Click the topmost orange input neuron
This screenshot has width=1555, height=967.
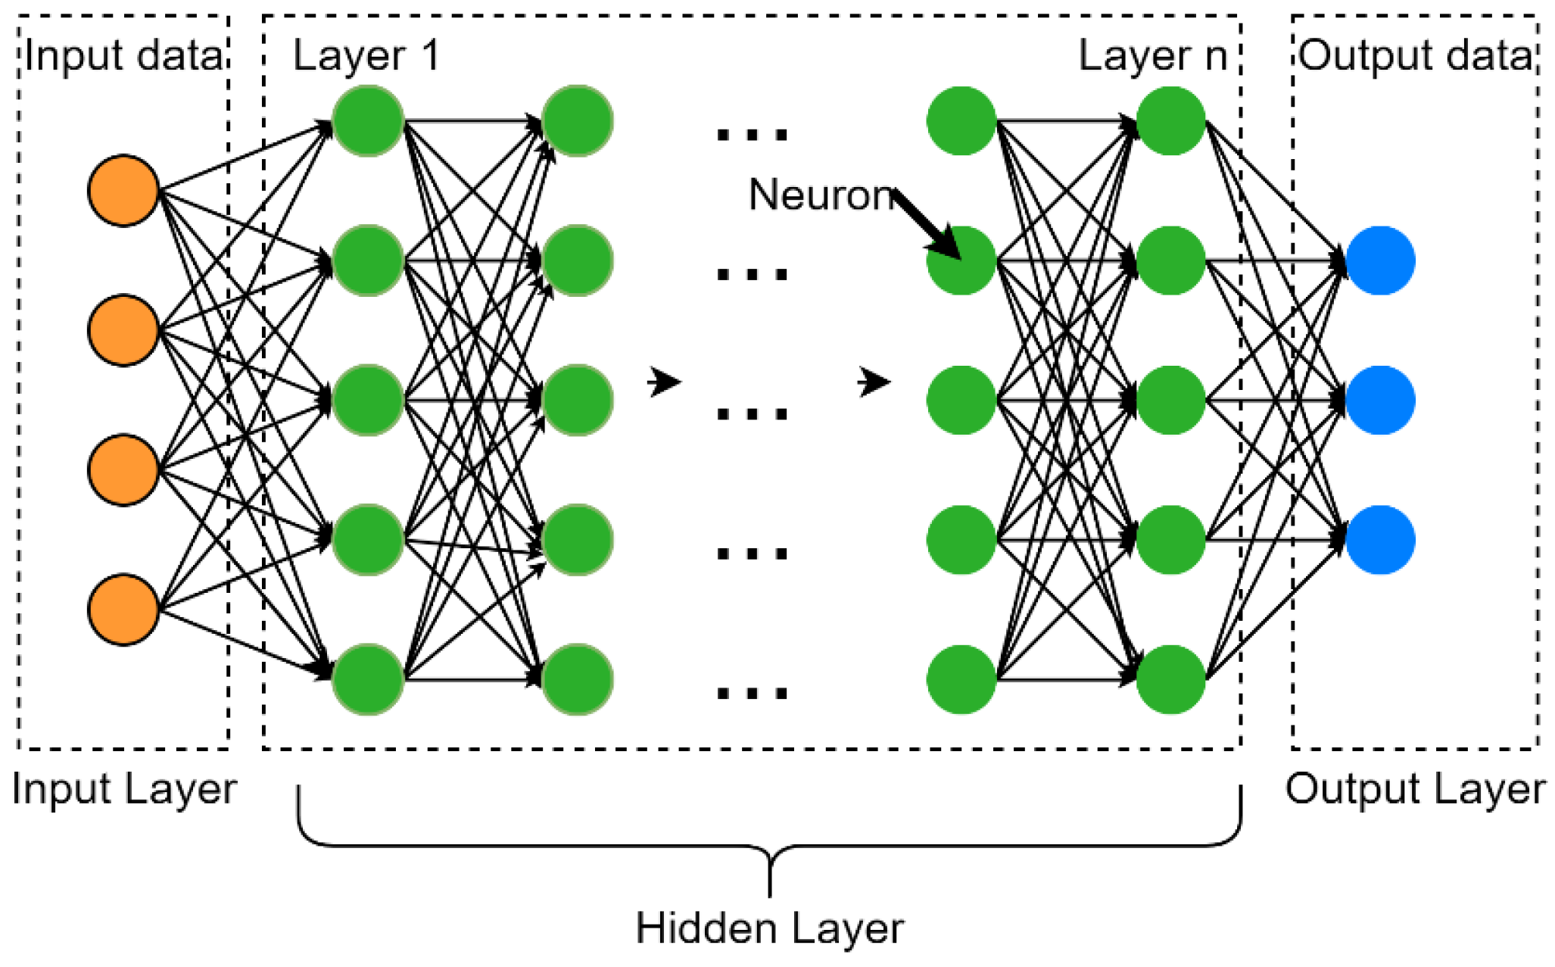click(123, 191)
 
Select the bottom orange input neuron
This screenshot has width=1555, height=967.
click(123, 610)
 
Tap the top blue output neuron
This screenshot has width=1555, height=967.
click(1380, 260)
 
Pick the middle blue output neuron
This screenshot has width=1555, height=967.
click(1380, 400)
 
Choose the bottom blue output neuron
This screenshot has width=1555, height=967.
click(1380, 540)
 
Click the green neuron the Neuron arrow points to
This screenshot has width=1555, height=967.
click(961, 260)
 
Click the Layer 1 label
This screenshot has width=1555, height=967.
click(366, 55)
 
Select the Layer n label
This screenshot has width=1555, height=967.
click(1151, 55)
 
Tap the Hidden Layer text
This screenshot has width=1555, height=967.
click(769, 928)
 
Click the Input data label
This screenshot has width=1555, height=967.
click(123, 55)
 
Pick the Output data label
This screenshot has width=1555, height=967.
click(1415, 55)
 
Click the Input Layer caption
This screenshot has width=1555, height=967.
click(124, 789)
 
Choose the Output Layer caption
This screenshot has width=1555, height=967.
click(1415, 789)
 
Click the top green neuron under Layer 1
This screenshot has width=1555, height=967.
click(367, 121)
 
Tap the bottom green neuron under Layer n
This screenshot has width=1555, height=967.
click(1170, 679)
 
